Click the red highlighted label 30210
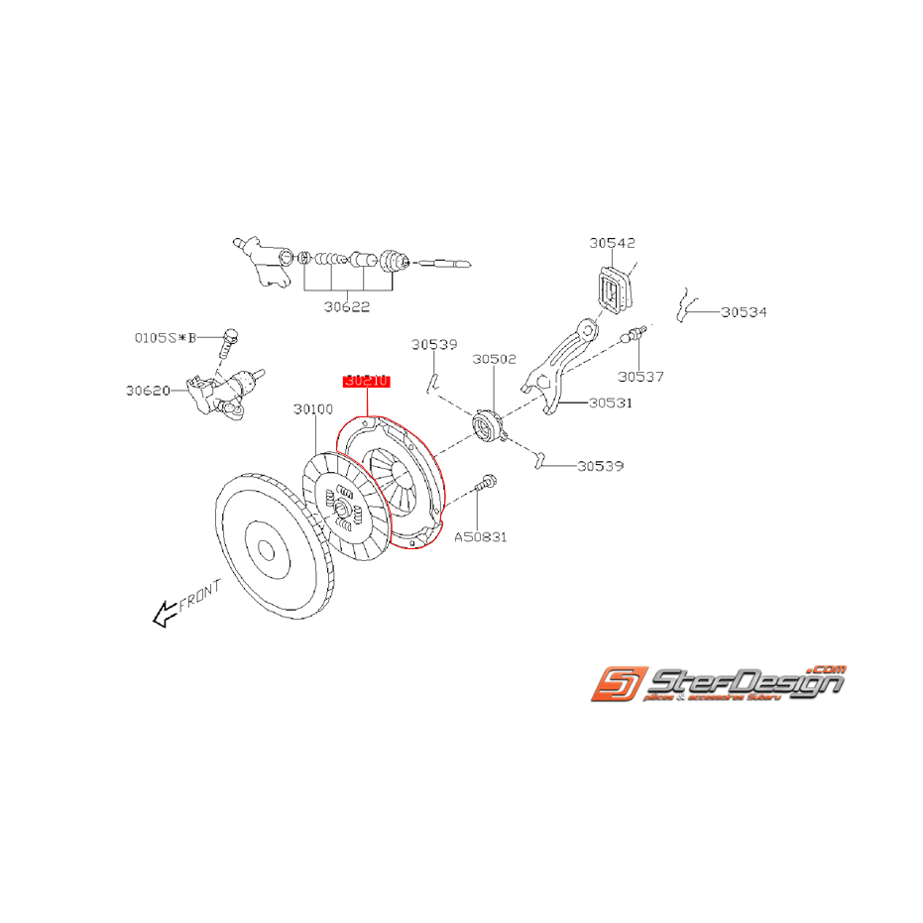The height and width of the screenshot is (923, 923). pyautogui.click(x=368, y=381)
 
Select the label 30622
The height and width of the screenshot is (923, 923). pyautogui.click(x=346, y=307)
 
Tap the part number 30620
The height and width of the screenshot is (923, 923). pyautogui.click(x=149, y=390)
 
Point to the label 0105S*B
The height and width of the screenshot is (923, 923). pyautogui.click(x=165, y=337)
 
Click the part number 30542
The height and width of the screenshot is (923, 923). pyautogui.click(x=612, y=242)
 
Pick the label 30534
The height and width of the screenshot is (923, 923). pyautogui.click(x=744, y=311)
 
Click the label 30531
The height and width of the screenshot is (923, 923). pyautogui.click(x=610, y=403)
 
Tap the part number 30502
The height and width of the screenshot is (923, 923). pyautogui.click(x=494, y=359)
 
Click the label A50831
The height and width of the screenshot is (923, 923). pyautogui.click(x=481, y=536)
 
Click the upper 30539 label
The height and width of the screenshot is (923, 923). pyautogui.click(x=434, y=345)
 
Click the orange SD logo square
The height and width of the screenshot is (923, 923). pyautogui.click(x=619, y=684)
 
